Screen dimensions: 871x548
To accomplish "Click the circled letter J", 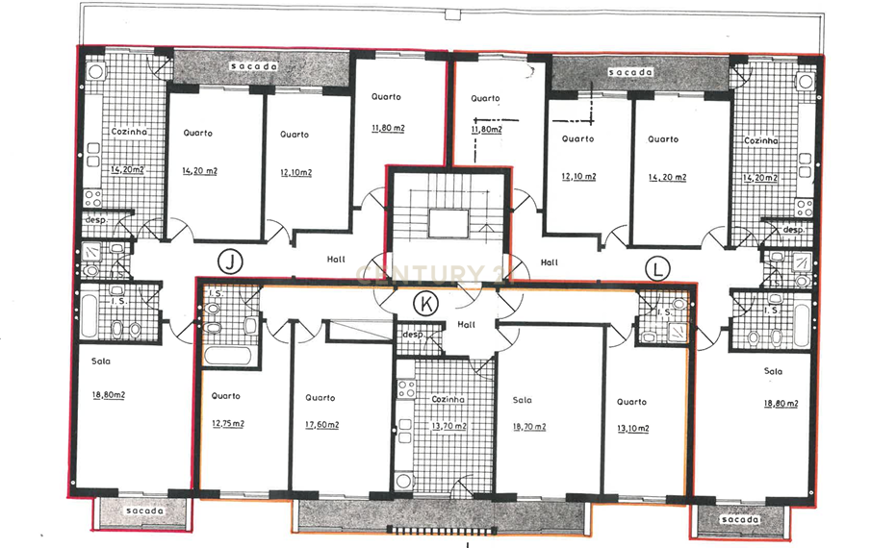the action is click(x=230, y=261).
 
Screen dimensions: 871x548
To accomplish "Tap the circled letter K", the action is click(x=426, y=304).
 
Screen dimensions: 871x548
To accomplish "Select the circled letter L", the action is click(x=657, y=269).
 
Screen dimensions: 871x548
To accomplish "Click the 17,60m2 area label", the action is click(x=321, y=425).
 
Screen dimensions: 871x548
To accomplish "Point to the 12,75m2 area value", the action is click(x=228, y=423).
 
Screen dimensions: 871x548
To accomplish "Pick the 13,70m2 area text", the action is click(x=448, y=426).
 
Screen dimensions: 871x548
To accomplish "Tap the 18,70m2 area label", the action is click(x=529, y=427).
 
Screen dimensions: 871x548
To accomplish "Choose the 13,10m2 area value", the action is click(x=632, y=428).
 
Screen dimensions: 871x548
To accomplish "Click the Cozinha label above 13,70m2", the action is click(x=448, y=399).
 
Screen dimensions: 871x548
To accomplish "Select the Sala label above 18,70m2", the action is click(x=523, y=400).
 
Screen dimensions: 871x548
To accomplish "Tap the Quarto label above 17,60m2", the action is click(x=320, y=398).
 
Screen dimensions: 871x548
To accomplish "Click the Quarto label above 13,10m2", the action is click(x=631, y=402).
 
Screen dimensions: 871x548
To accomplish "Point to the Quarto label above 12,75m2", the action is click(x=225, y=396).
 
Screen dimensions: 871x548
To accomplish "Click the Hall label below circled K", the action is click(x=466, y=325).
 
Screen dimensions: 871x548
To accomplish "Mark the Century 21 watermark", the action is click(x=435, y=275).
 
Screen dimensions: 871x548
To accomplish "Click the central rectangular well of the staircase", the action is click(x=448, y=223).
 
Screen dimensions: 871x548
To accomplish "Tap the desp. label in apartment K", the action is click(x=413, y=335).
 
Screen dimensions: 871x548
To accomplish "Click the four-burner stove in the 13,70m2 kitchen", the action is click(x=406, y=388).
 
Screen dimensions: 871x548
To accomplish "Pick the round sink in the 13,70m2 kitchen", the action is click(x=404, y=481).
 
